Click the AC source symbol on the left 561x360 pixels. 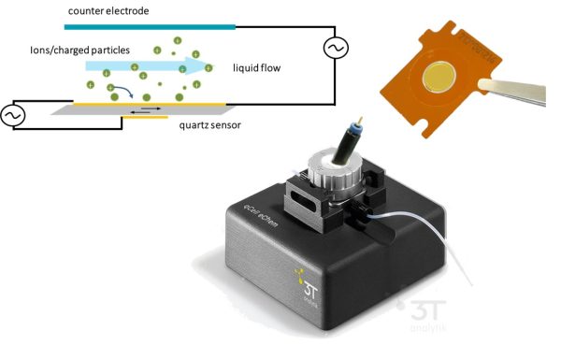13,114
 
